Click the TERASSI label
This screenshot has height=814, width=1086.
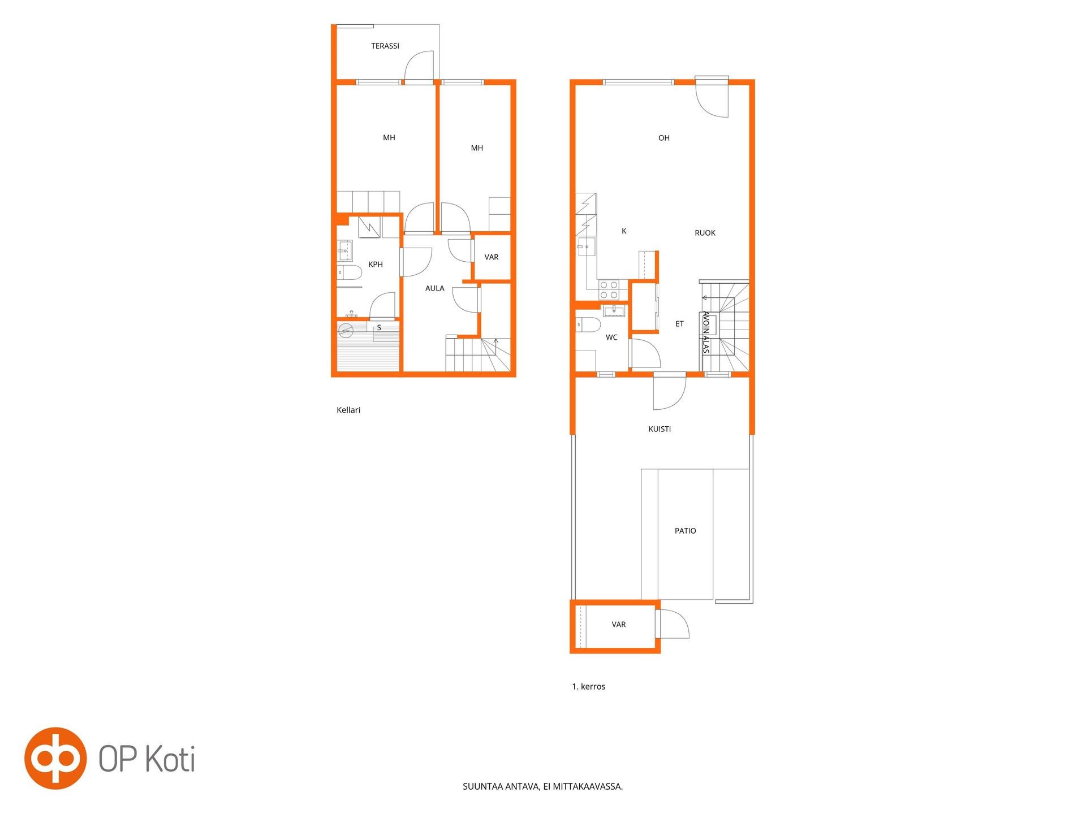pyautogui.click(x=385, y=46)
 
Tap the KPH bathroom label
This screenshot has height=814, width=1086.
pyautogui.click(x=376, y=264)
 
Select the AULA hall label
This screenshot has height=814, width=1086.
pyautogui.click(x=435, y=288)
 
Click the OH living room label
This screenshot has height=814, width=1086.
pyautogui.click(x=664, y=138)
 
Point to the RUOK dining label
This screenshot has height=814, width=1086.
pyautogui.click(x=705, y=233)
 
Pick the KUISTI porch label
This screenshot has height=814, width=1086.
pyautogui.click(x=660, y=429)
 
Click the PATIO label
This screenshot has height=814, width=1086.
pyautogui.click(x=686, y=531)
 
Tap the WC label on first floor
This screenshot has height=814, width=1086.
pyautogui.click(x=611, y=337)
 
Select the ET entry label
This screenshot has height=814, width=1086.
pyautogui.click(x=679, y=324)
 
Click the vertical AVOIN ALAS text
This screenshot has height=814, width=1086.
pyautogui.click(x=706, y=332)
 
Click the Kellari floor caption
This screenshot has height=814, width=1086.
pyautogui.click(x=348, y=410)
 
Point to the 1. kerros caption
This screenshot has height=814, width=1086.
pyautogui.click(x=589, y=687)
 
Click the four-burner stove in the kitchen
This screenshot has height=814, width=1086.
pyautogui.click(x=609, y=290)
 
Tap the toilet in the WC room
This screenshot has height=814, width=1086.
pyautogui.click(x=588, y=324)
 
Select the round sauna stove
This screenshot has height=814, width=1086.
pyautogui.click(x=346, y=331)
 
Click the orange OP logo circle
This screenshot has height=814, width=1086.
pyautogui.click(x=55, y=758)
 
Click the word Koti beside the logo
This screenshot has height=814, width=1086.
pyautogui.click(x=170, y=759)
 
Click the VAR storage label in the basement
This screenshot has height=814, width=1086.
pyautogui.click(x=492, y=257)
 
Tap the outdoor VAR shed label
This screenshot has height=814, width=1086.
pyautogui.click(x=619, y=625)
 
